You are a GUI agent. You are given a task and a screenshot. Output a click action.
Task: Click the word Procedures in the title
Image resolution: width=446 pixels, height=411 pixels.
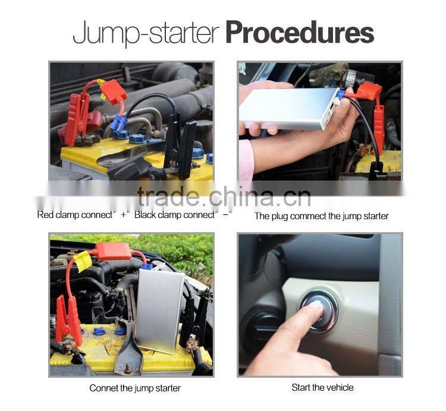point(300,33)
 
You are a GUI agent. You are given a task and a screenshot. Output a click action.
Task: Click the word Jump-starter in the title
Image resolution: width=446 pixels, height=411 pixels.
point(147,33)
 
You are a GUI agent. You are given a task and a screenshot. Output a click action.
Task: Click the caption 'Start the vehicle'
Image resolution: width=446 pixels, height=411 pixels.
point(322,387)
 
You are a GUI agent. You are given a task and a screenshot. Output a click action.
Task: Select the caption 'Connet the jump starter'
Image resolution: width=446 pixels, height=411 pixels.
point(135,388)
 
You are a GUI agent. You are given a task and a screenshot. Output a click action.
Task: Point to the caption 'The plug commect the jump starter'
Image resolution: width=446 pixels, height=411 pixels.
point(321,216)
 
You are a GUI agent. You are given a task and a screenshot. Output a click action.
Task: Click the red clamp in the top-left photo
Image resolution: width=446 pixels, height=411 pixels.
point(76,116)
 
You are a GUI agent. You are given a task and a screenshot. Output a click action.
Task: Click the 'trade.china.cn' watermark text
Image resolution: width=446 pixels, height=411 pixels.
point(224,196)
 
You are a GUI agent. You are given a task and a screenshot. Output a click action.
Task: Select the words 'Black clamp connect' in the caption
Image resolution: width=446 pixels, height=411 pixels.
point(174,215)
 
